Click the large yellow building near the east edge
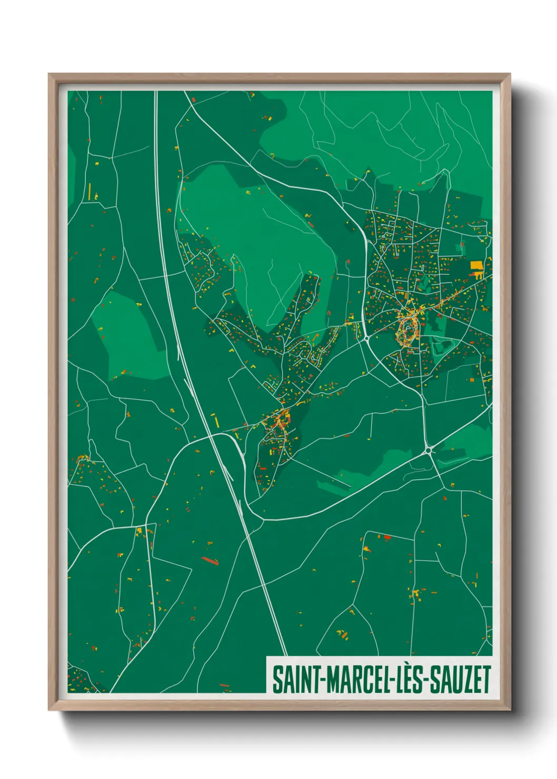[476, 266]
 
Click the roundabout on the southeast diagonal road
[429, 450]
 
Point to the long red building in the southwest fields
[210, 560]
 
